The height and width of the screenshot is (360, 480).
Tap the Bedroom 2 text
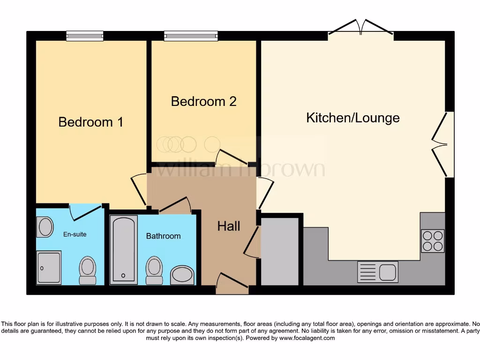coord(203,101)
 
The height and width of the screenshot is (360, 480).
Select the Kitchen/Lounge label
coord(352,118)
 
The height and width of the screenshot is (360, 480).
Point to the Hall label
coord(229,226)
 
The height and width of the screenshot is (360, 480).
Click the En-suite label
coord(75,234)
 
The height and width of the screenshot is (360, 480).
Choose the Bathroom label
coord(163,236)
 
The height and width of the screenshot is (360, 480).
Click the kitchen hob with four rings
coord(432,241)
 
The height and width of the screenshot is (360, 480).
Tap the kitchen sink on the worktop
coord(377,272)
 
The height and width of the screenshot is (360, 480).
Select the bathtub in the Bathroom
coord(123,249)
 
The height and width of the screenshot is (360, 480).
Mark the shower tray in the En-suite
coord(49,268)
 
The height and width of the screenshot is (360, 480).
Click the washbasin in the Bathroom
coord(182,275)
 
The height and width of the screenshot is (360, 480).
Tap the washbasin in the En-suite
coord(45,227)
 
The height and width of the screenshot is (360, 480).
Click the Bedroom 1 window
coord(84,36)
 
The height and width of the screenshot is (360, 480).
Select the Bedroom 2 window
coord(191,36)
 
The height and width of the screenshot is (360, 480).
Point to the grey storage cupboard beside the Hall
coord(279,251)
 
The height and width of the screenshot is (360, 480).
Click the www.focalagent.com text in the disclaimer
coord(307,338)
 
